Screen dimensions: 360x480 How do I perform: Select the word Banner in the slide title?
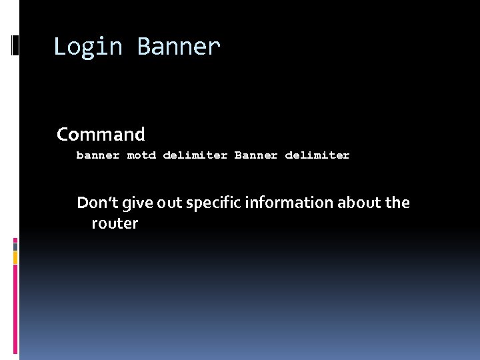(178, 47)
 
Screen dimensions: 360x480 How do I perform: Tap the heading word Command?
(101, 135)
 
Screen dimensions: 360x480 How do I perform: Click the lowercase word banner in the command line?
(98, 155)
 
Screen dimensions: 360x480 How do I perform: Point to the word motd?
(141, 155)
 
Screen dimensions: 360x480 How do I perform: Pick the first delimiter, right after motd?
(195, 155)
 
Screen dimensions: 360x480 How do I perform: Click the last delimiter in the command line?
(317, 155)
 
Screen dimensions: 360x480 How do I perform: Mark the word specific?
(214, 203)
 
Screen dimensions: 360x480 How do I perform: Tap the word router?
(115, 223)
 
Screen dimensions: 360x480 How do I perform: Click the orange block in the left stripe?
(15, 256)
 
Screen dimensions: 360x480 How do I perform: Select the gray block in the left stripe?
(15, 245)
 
